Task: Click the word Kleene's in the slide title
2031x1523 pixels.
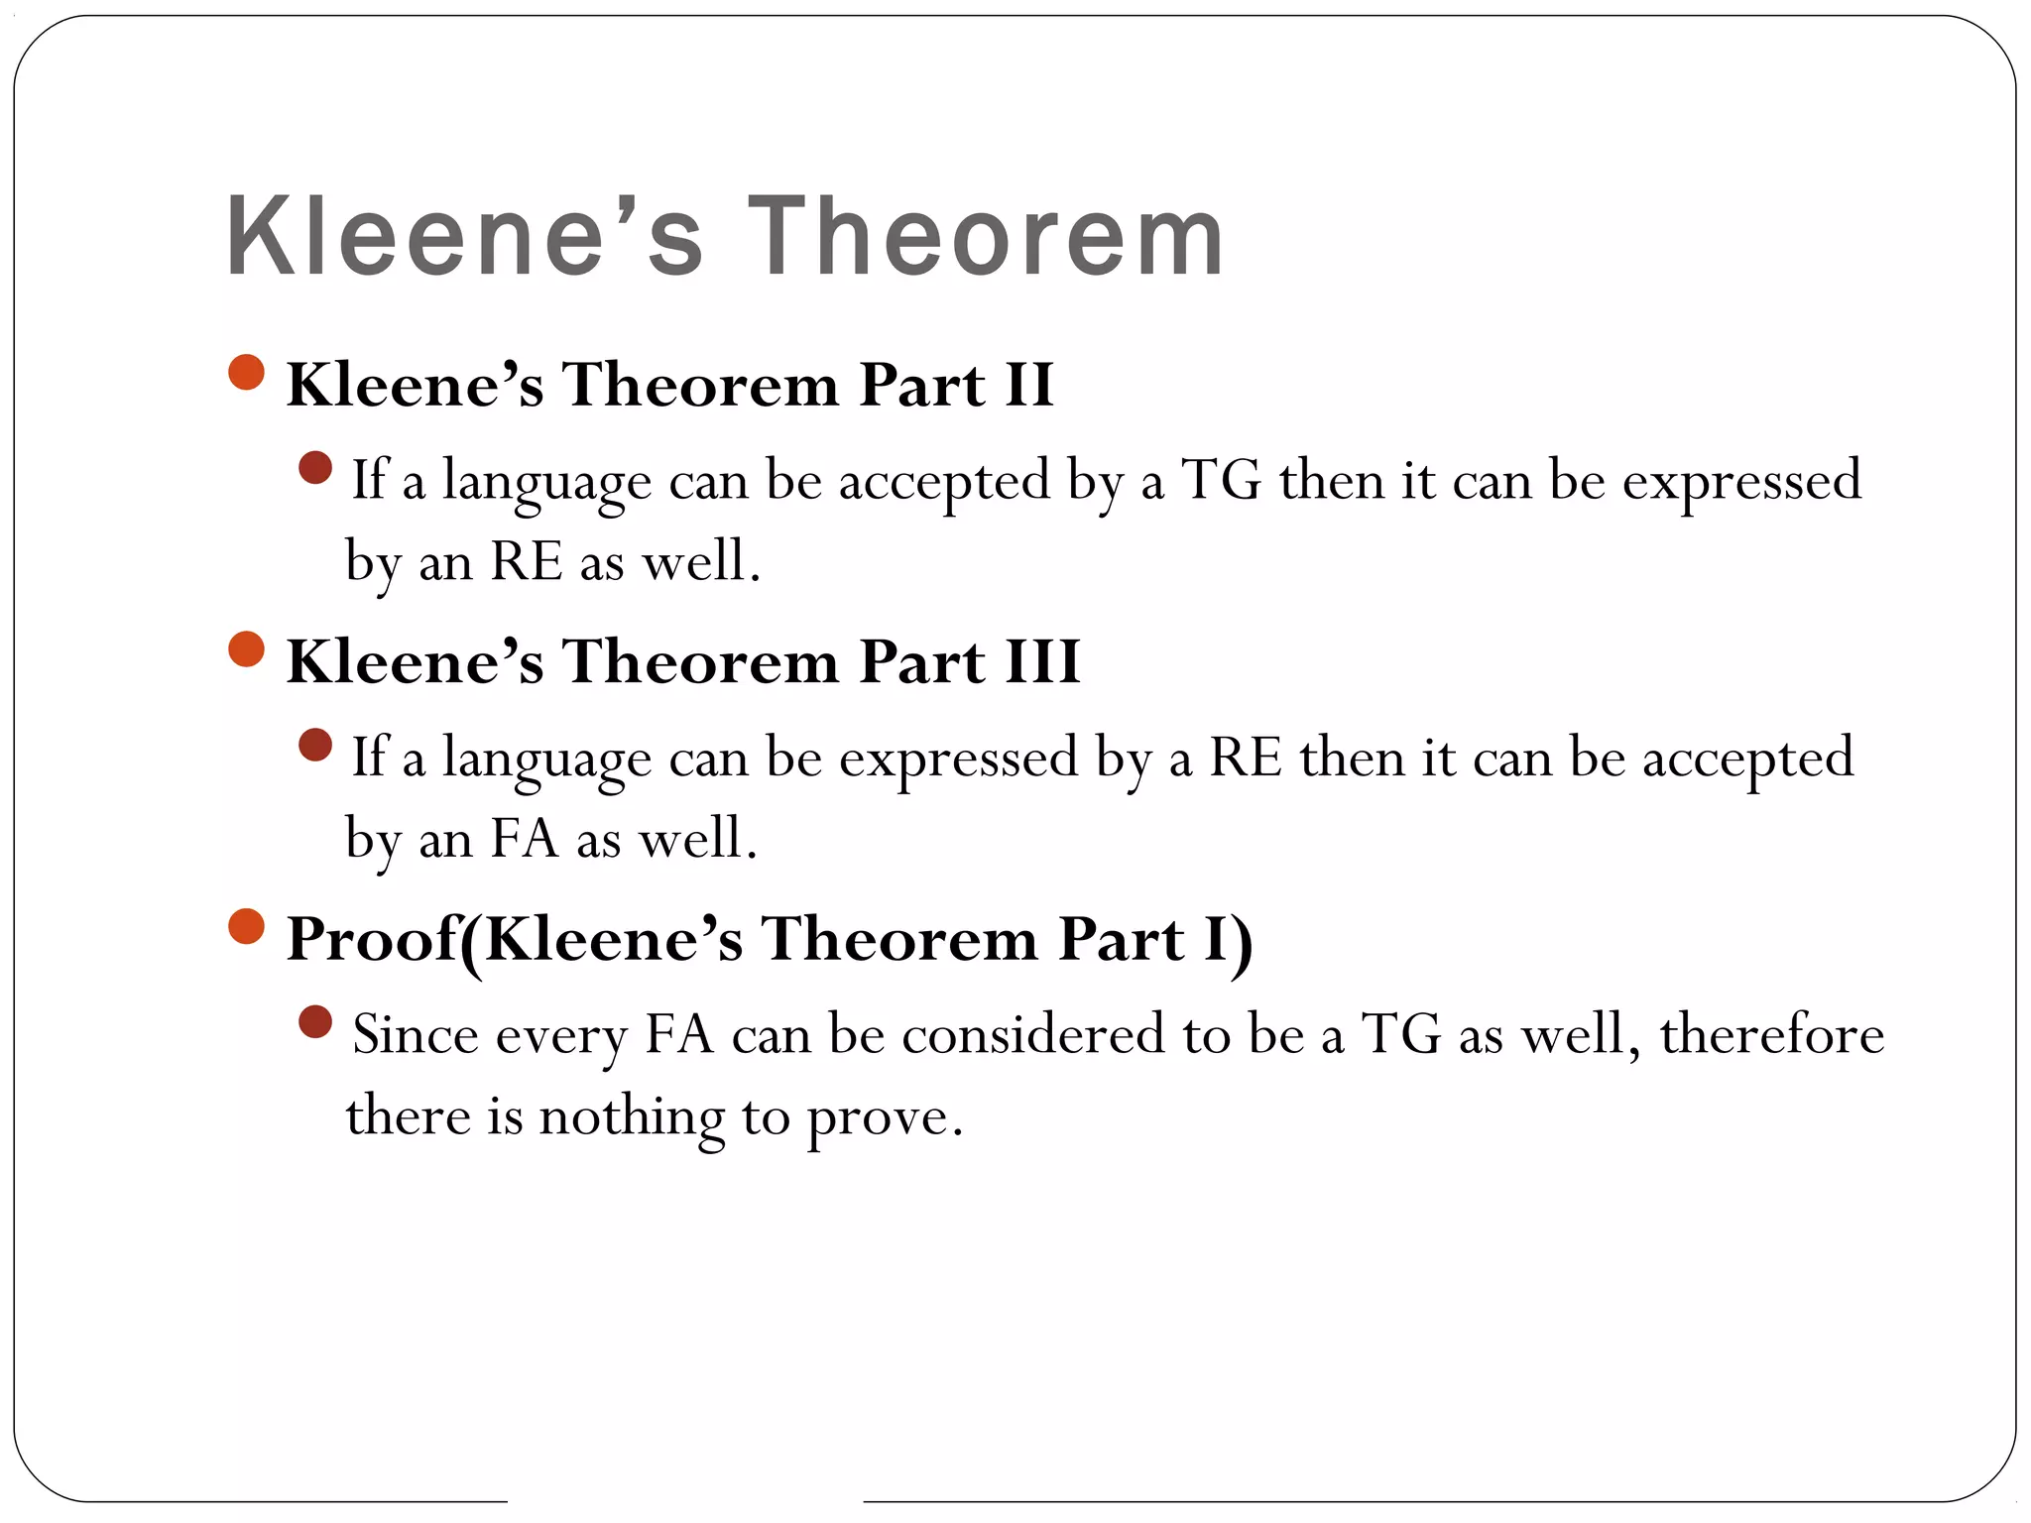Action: (464, 237)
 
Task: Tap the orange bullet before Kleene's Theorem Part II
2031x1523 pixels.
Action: (246, 373)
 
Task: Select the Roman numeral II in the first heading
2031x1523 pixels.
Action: (1028, 385)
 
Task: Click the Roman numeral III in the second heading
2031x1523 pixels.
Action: (1042, 661)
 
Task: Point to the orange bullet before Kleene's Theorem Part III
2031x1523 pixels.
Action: (246, 649)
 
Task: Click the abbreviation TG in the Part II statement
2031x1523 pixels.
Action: (1221, 481)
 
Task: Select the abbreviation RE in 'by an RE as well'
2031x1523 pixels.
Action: (526, 561)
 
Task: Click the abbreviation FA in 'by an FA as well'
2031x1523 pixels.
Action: (525, 839)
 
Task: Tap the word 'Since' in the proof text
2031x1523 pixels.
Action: (416, 1035)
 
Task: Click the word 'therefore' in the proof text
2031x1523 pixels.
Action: (1771, 1035)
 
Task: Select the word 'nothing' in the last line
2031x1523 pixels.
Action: (632, 1117)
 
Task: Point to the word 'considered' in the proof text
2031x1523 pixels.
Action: (1032, 1035)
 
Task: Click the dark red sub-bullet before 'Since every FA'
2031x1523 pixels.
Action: (314, 1021)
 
